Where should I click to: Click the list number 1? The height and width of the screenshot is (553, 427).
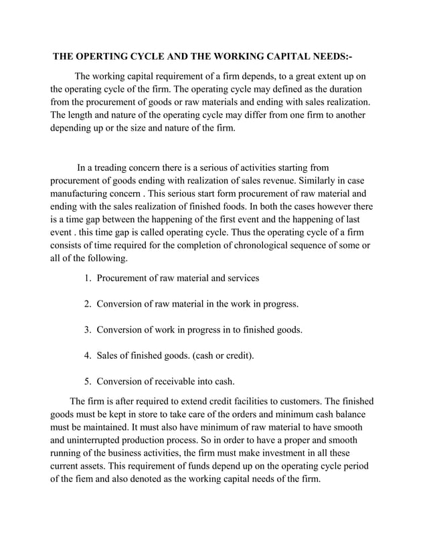pos(87,278)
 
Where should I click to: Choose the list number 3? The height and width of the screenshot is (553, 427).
pos(87,329)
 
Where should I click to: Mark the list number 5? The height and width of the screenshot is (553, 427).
pos(87,382)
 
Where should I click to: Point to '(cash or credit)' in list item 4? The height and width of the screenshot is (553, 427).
pos(222,355)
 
